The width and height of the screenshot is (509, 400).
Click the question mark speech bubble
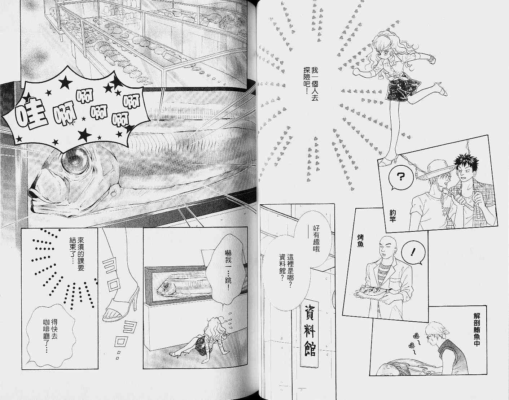[400, 177]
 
